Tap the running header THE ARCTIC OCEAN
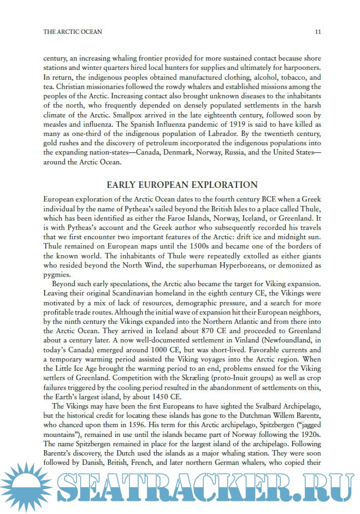[x=73, y=32]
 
